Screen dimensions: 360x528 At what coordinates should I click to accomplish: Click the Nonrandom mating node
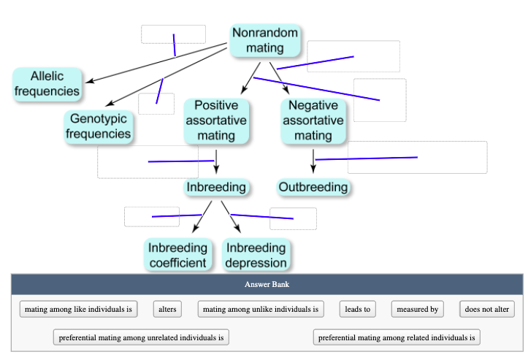(x=264, y=41)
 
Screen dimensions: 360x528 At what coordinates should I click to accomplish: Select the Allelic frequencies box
(x=47, y=84)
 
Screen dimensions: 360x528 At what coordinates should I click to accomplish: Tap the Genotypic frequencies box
(x=99, y=126)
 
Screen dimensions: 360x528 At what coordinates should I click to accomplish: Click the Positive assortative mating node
(x=215, y=120)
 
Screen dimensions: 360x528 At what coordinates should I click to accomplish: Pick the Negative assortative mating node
(x=313, y=120)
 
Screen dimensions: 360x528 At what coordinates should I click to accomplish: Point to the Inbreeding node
(x=215, y=188)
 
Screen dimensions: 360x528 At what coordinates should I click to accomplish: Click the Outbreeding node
(x=313, y=188)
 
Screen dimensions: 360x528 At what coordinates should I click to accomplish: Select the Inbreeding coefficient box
(x=177, y=255)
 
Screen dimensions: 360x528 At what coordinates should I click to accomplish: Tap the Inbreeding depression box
(x=256, y=255)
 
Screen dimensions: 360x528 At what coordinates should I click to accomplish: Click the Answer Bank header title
(x=267, y=284)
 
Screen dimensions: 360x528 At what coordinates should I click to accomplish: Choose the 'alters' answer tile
(x=167, y=310)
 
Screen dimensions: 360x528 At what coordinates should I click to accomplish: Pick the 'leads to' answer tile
(x=357, y=310)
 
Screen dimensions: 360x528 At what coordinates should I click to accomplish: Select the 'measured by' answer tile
(x=417, y=310)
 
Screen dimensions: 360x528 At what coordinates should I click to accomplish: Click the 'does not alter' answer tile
(x=486, y=310)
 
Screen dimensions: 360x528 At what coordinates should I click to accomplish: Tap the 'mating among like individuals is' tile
(x=78, y=310)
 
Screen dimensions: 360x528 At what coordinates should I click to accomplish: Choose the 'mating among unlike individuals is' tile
(x=261, y=310)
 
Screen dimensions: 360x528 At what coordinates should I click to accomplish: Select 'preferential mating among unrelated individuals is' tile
(x=141, y=337)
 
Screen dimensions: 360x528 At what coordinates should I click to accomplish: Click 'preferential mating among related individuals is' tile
(x=397, y=337)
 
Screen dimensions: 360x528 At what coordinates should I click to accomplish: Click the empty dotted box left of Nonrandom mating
(x=173, y=34)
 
